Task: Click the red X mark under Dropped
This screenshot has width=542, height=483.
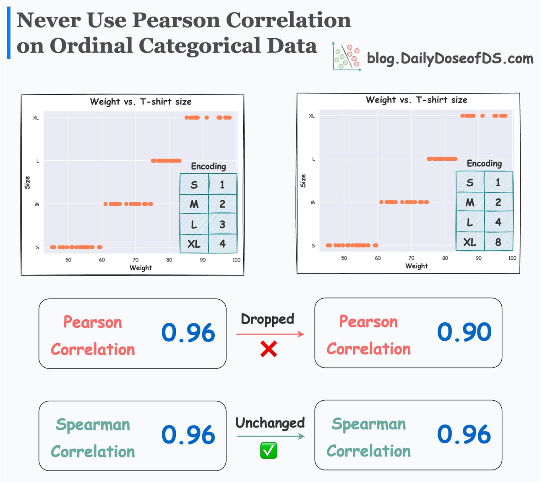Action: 268,349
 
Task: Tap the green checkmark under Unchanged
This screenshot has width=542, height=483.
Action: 268,451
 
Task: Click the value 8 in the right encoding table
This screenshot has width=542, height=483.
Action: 498,242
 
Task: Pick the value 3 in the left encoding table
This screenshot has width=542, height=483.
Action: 222,225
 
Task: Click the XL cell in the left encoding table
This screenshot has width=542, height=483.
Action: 194,244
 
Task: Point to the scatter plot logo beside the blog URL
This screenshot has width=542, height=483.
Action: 346,57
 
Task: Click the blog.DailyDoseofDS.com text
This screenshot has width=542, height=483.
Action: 450,58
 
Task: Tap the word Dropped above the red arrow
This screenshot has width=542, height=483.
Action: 267,319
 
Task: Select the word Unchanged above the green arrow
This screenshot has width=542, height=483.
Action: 270,423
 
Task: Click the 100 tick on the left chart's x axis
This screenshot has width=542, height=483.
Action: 237,260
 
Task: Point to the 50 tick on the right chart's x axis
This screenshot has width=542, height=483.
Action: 344,258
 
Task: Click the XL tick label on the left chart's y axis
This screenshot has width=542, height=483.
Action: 36,118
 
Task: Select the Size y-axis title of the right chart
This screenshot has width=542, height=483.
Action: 303,180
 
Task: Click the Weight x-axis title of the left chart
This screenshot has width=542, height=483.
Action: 141,268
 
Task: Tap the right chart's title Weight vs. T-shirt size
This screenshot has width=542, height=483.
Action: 416,100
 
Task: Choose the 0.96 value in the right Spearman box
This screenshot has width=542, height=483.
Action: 464,434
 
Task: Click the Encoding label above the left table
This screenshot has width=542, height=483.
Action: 208,166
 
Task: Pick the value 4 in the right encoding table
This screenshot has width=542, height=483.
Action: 498,222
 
